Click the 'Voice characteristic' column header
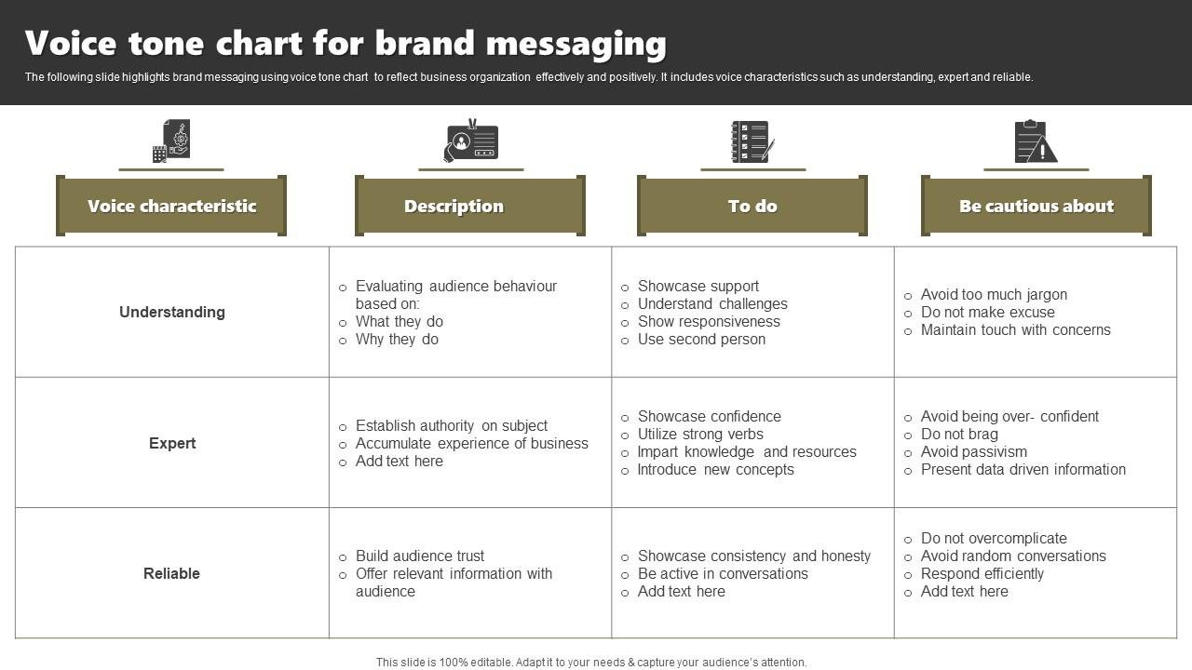pos(171,207)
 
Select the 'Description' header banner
pos(454,207)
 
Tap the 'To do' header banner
pos(752,207)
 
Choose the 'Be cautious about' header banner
pos(1036,207)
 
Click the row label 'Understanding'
pos(172,313)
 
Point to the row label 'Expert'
pos(172,443)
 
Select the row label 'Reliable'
pos(171,573)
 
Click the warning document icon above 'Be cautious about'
pos(1036,141)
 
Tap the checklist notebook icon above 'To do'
pos(752,141)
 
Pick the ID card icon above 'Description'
pos(471,141)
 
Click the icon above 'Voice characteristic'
pos(171,141)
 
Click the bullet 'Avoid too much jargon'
pos(994,295)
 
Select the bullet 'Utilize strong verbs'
pos(700,435)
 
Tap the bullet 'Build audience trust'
pos(420,556)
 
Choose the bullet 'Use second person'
pos(701,340)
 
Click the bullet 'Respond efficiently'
pos(982,574)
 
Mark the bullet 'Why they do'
pos(397,340)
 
